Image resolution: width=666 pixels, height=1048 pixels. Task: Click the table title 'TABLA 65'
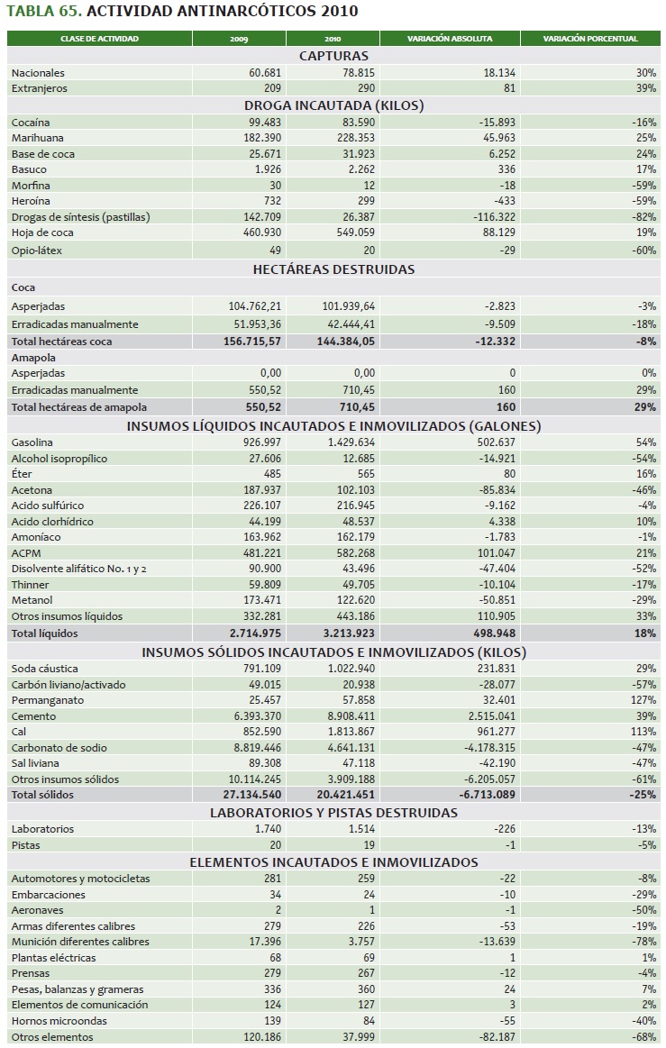(x=40, y=12)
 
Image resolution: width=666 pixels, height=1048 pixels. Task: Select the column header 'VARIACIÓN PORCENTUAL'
(x=591, y=39)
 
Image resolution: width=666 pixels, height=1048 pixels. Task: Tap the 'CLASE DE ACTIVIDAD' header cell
(x=100, y=39)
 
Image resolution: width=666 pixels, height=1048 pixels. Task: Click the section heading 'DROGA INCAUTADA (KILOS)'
(x=333, y=105)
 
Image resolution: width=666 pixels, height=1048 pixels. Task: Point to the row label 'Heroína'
(x=31, y=201)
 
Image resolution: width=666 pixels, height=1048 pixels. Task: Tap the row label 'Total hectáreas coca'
(x=62, y=342)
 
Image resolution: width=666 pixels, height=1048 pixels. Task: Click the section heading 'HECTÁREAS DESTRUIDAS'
(x=333, y=269)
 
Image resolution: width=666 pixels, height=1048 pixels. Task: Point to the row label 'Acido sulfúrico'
(x=48, y=506)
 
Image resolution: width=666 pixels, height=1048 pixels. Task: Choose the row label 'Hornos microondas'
(x=59, y=1021)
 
